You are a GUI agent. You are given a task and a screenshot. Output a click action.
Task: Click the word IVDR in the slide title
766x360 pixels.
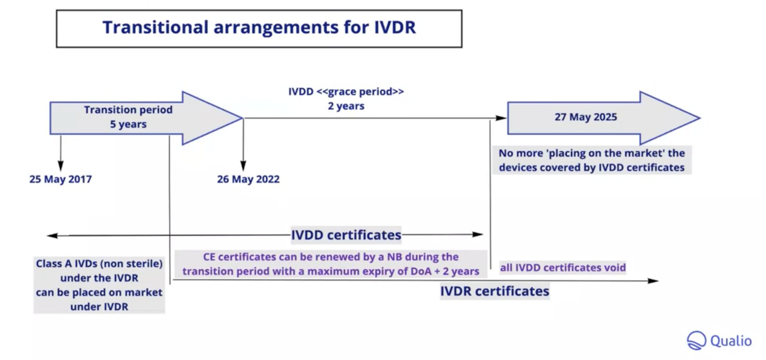395,27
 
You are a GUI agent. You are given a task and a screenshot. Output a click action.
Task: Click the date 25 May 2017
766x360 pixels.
60,179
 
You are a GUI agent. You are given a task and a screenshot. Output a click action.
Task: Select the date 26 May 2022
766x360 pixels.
248,179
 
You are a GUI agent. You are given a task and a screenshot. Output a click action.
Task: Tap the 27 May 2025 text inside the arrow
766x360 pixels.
585,117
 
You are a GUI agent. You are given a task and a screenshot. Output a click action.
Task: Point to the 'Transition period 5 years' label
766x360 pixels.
128,117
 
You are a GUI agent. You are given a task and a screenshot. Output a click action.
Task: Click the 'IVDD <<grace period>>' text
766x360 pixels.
346,92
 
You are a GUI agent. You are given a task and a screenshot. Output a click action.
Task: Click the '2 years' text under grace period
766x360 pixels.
346,106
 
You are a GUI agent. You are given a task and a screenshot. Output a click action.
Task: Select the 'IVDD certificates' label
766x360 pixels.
346,235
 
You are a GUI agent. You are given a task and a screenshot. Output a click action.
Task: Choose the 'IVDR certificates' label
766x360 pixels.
494,291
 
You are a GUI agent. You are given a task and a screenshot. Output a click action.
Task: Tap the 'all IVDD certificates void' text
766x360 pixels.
563,268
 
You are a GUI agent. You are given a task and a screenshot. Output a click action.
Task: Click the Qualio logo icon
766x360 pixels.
696,341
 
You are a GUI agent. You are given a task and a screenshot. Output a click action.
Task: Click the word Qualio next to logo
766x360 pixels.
731,341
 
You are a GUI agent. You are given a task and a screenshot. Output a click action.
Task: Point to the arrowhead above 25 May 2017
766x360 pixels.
60,166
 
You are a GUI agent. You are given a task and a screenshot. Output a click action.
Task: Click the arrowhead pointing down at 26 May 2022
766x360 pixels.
243,166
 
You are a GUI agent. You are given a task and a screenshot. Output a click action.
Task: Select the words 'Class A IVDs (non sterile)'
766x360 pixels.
99,263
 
